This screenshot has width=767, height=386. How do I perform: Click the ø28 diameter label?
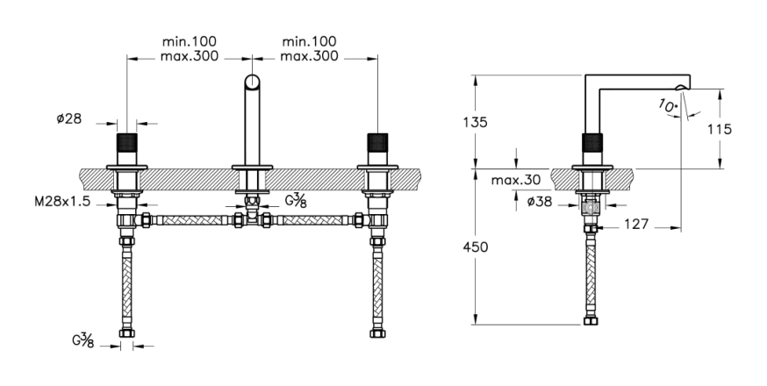[x=69, y=119]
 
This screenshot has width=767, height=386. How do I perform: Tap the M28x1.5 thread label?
[x=62, y=202]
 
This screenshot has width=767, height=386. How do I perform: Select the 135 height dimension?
[x=476, y=122]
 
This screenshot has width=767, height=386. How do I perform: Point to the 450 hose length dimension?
[x=476, y=247]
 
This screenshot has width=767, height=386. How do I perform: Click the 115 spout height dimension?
[x=719, y=129]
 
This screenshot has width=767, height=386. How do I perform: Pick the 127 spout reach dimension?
[x=636, y=224]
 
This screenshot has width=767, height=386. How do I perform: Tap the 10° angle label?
[x=668, y=106]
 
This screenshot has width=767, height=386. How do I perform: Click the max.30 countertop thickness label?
[x=516, y=180]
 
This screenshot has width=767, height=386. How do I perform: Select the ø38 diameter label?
[x=540, y=201]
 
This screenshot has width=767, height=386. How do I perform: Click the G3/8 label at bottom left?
[x=83, y=340]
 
